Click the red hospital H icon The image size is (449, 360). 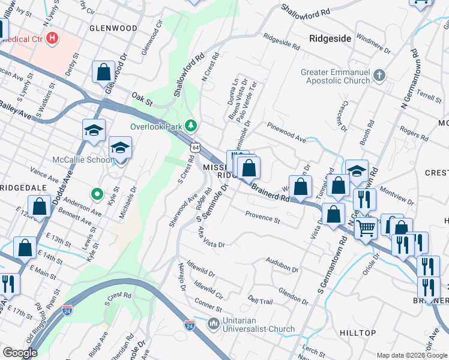(52, 38)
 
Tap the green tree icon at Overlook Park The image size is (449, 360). (191, 126)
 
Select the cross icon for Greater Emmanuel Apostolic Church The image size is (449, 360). (379, 76)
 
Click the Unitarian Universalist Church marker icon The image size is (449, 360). (213, 324)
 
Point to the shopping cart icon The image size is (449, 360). (366, 228)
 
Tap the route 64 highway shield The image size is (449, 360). (196, 146)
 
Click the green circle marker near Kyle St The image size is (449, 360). (95, 194)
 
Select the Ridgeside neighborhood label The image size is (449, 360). (330, 38)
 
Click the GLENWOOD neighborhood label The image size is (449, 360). (113, 28)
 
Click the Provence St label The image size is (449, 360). (263, 217)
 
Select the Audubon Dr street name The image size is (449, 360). (282, 265)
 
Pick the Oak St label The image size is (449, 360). (139, 96)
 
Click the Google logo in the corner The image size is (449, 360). (20, 353)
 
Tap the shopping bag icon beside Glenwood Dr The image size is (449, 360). (103, 71)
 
